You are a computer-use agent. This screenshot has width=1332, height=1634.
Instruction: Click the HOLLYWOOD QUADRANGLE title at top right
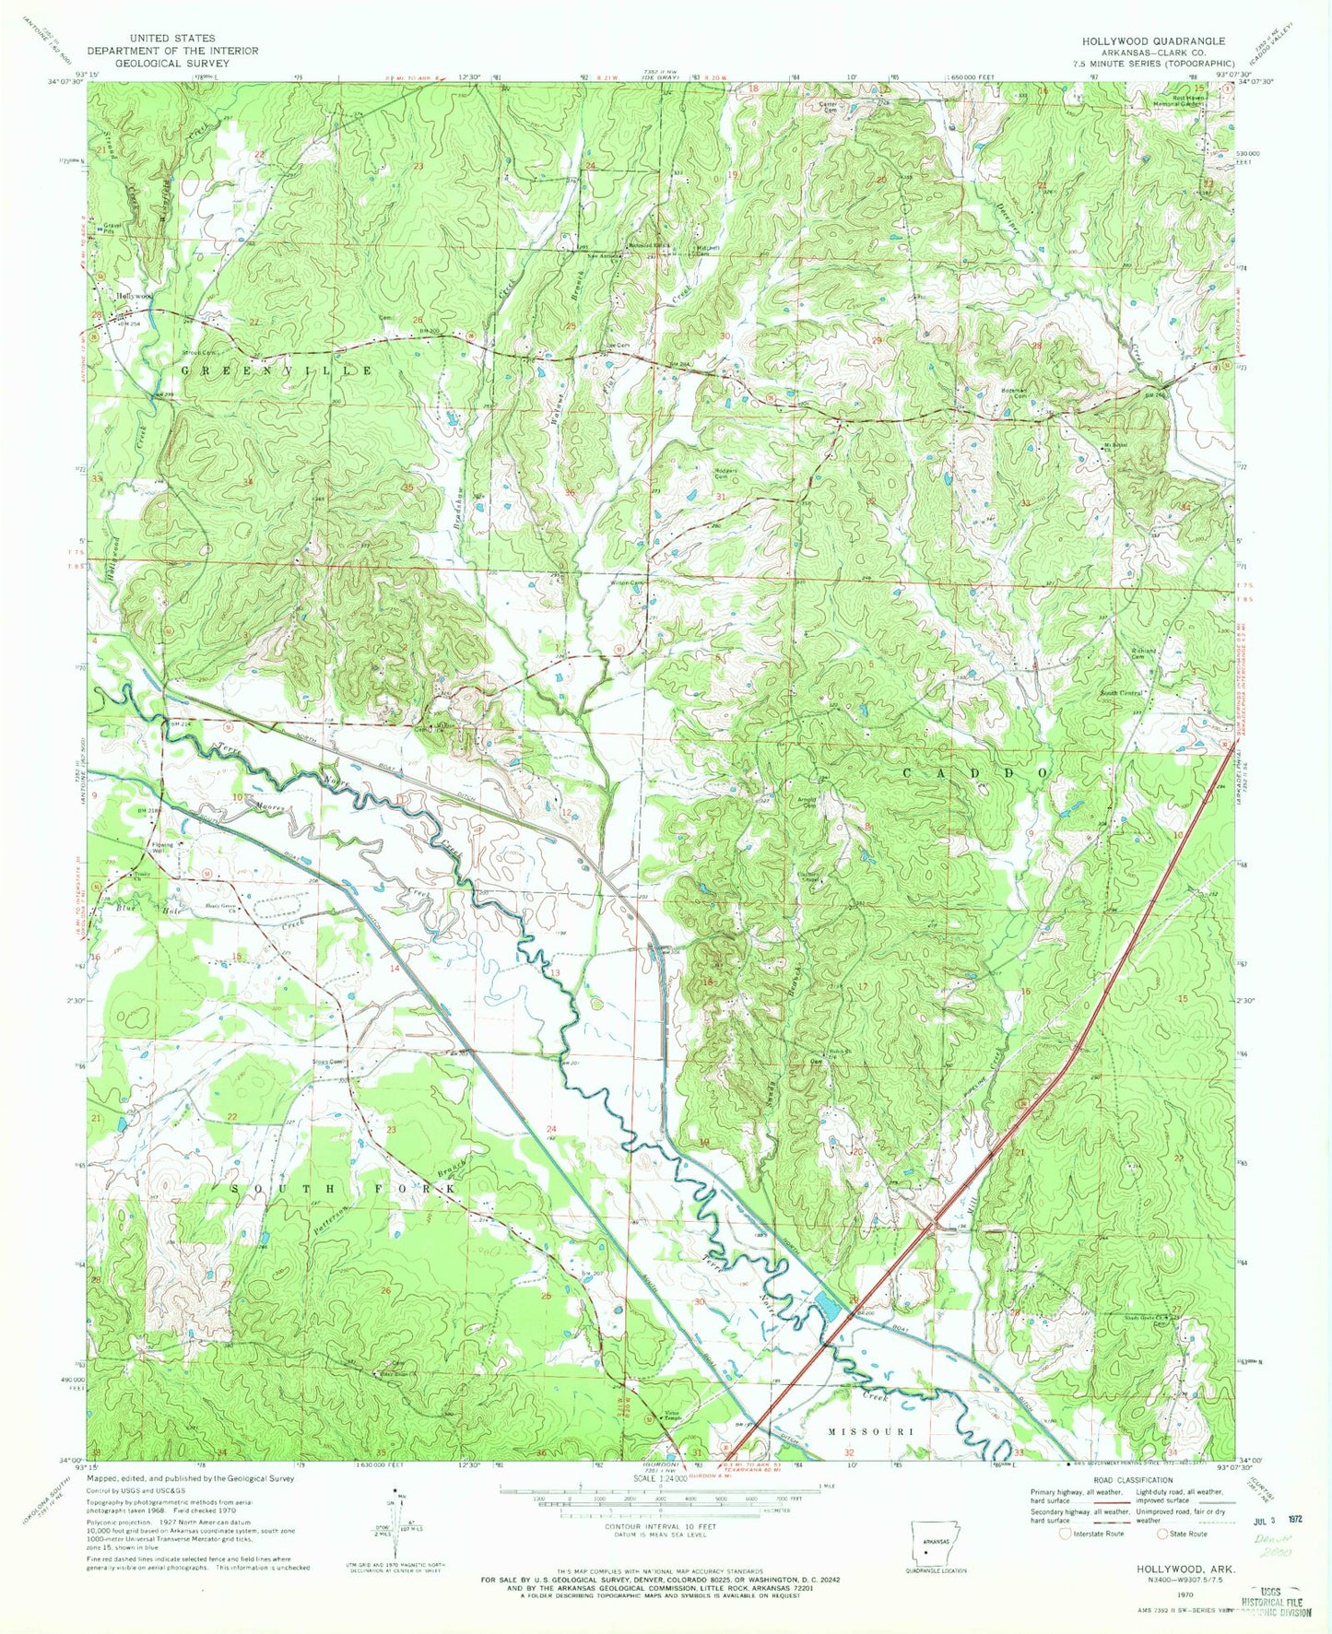click(1154, 41)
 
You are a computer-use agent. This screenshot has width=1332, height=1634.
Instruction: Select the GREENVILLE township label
click(276, 370)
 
